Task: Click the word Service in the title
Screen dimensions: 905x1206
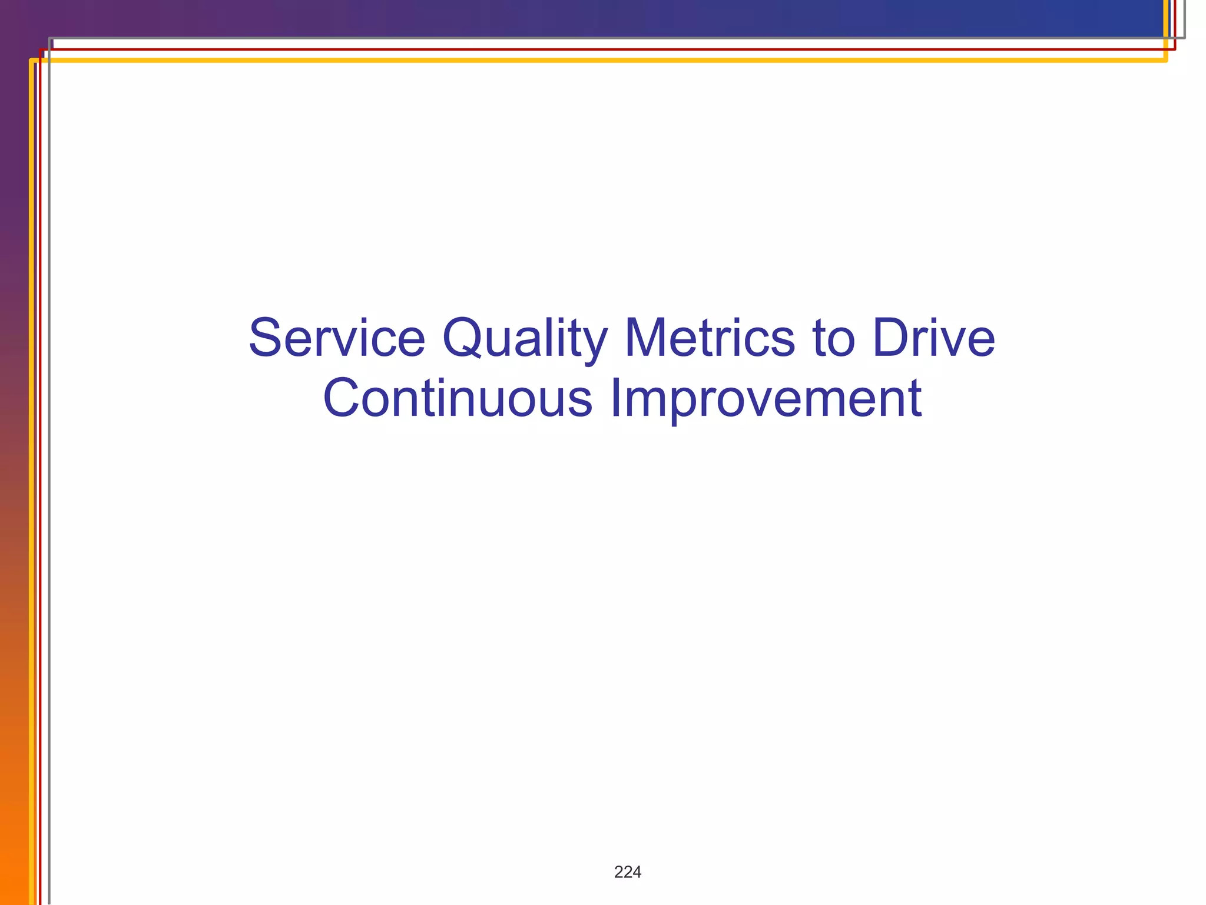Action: point(336,338)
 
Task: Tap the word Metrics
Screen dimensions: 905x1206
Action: point(710,338)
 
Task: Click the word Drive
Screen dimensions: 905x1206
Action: point(933,338)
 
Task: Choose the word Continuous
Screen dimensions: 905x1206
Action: point(458,398)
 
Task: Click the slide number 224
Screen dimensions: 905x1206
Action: point(627,872)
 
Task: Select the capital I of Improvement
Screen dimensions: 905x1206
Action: point(615,398)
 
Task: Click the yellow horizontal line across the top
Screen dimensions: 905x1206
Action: point(589,60)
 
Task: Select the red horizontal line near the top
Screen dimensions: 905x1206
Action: point(589,49)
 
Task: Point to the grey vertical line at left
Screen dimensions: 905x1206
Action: point(49,471)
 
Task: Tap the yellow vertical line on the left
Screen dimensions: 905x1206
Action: point(31,471)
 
